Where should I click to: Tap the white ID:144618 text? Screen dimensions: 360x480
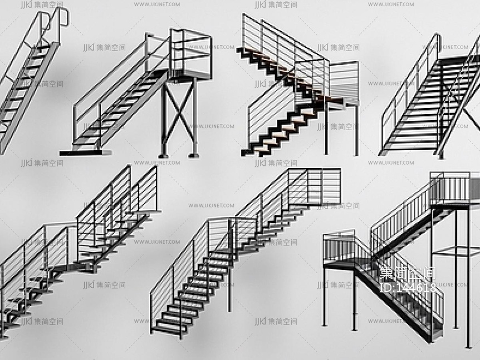point(408,288)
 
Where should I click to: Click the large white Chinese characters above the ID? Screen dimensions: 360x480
point(408,273)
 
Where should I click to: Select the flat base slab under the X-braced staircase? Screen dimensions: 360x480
point(86,151)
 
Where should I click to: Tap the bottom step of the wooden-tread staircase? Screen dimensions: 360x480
point(253,151)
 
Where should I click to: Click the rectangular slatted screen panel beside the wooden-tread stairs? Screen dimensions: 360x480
point(344,82)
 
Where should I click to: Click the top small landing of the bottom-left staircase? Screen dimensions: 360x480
point(146,213)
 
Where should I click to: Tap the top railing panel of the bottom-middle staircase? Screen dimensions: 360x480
point(323,186)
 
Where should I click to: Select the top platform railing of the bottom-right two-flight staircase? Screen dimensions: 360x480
point(454,187)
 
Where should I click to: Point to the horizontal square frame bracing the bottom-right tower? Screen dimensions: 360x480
point(455,251)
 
